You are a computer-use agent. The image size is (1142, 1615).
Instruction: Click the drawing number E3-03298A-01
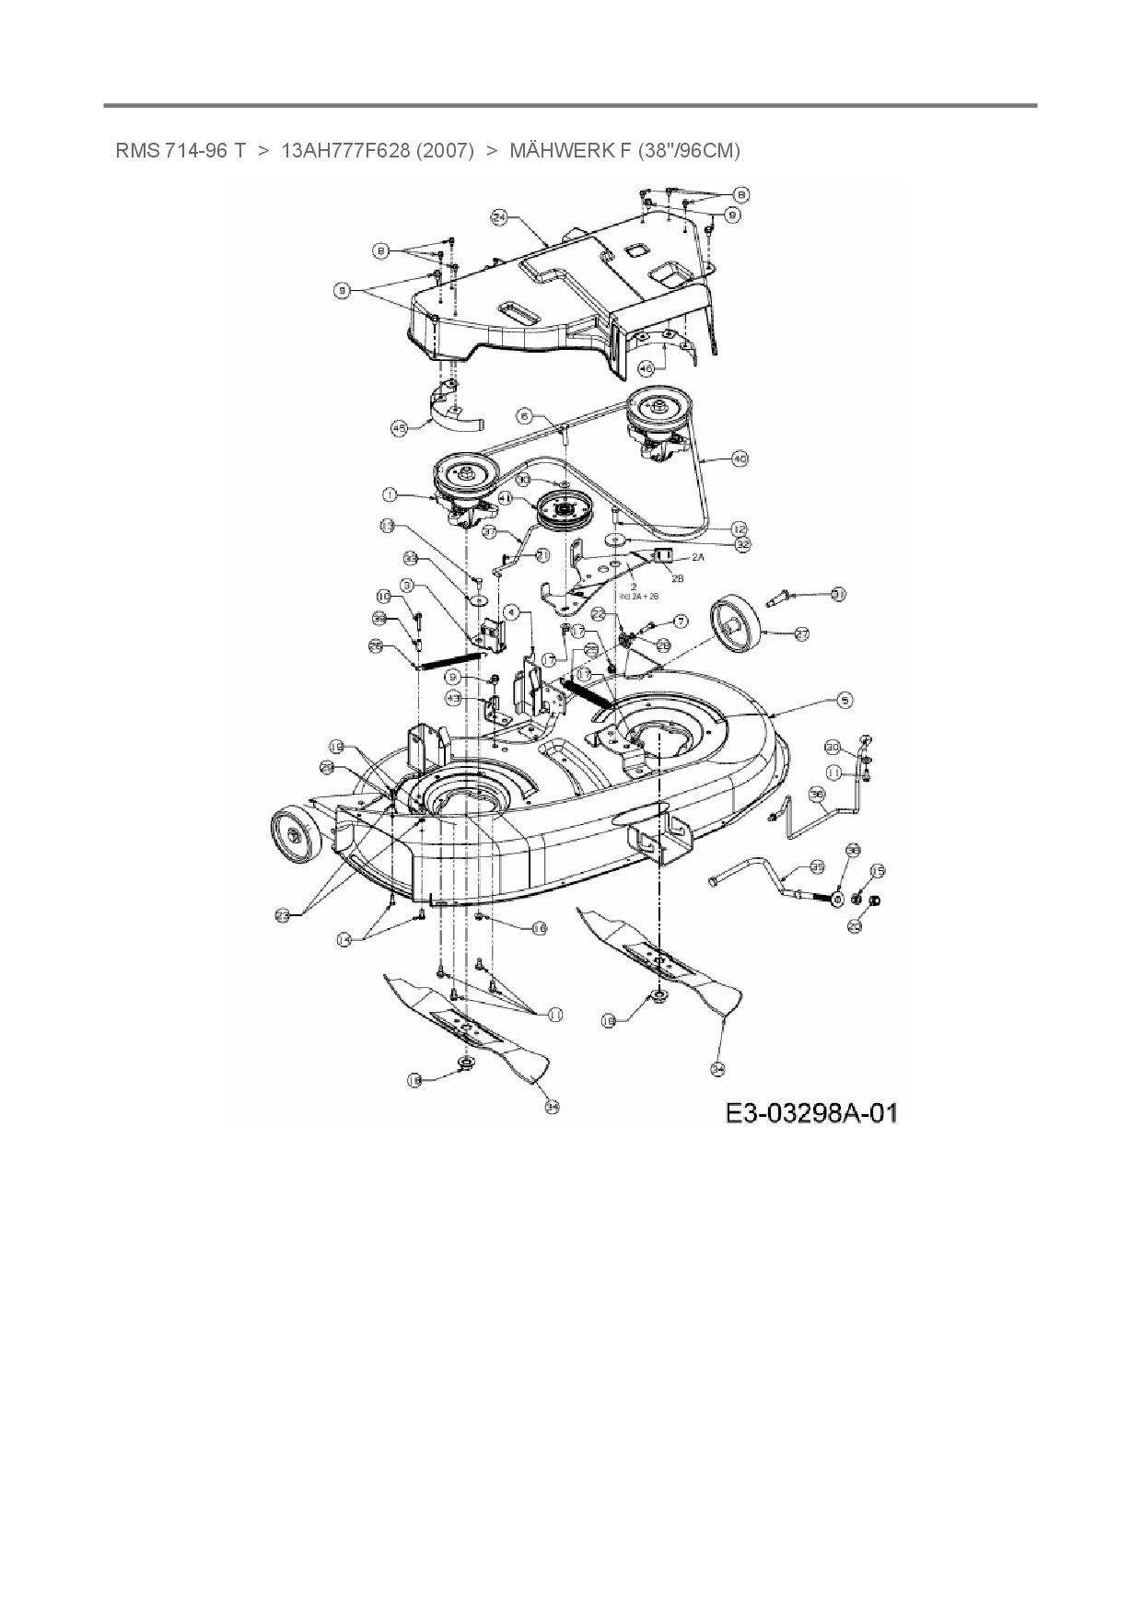(x=811, y=1113)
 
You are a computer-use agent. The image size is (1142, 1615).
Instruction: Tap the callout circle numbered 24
(x=499, y=217)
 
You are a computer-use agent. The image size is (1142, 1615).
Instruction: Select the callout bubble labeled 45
(x=399, y=428)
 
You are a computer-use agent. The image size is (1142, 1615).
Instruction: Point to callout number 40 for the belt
(x=740, y=458)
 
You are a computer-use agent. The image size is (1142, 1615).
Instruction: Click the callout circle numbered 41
(x=505, y=497)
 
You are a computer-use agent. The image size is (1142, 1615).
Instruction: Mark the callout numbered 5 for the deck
(x=845, y=700)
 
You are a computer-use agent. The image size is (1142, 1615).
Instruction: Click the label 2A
(x=696, y=557)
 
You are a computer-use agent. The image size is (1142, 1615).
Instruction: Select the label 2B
(x=677, y=578)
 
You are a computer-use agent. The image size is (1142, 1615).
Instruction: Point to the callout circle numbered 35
(x=816, y=866)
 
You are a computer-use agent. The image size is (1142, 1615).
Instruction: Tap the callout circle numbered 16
(x=539, y=928)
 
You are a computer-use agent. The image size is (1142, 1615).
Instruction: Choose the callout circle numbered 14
(x=344, y=939)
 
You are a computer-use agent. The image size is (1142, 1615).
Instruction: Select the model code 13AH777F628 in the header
(x=344, y=150)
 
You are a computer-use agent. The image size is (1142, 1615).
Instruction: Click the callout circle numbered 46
(x=646, y=367)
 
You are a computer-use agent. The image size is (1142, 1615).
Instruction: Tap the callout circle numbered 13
(x=386, y=526)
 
